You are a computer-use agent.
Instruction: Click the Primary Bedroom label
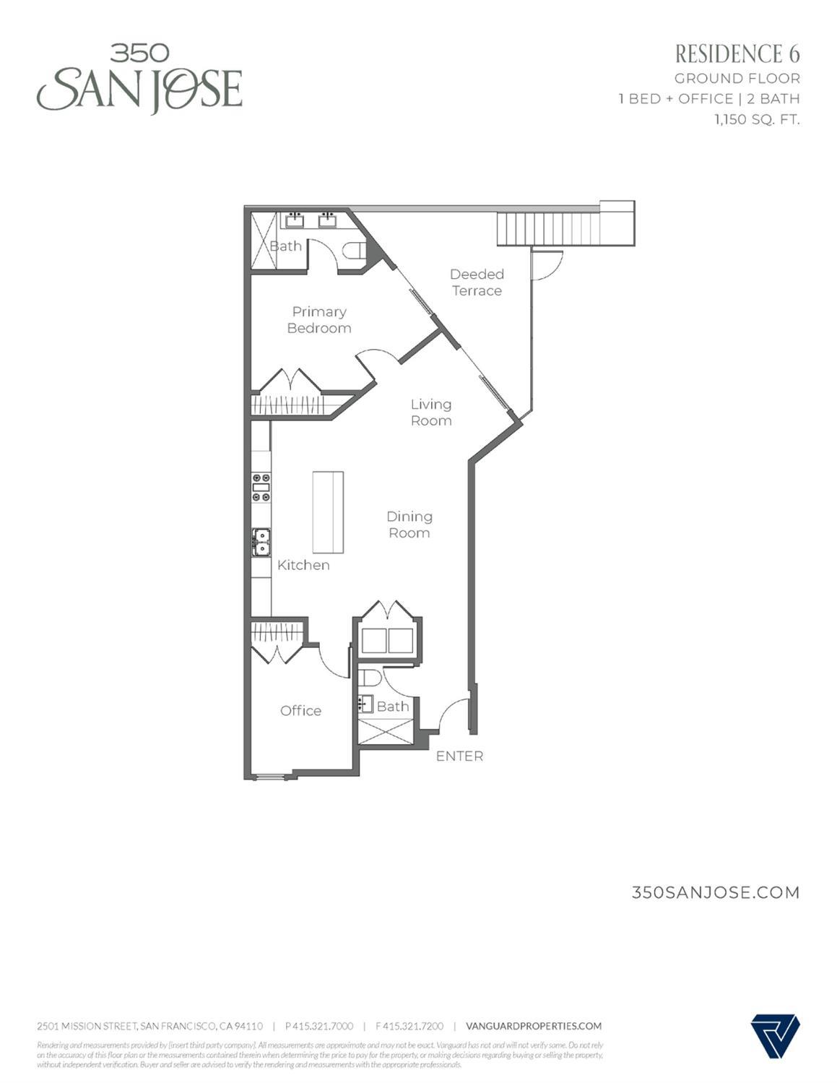point(319,320)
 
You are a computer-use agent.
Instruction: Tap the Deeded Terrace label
point(477,282)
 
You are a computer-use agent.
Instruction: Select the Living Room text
point(431,413)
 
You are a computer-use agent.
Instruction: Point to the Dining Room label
point(409,525)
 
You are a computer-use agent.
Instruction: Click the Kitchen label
point(303,565)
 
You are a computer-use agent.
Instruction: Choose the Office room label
point(300,711)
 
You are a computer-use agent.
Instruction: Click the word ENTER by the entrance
point(459,756)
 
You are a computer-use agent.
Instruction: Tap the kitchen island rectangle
point(328,512)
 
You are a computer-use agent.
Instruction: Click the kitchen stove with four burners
point(261,487)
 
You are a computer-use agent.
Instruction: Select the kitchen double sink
point(261,542)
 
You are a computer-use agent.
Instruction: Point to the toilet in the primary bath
point(355,251)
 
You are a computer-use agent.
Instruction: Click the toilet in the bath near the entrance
point(370,678)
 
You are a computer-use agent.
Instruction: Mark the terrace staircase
point(549,228)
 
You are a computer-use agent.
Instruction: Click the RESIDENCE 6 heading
point(737,54)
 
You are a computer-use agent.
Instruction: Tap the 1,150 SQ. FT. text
point(757,120)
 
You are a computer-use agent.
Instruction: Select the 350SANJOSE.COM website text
point(716,892)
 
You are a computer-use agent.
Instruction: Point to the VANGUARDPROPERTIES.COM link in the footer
point(534,1026)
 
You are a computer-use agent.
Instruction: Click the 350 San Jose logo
point(139,79)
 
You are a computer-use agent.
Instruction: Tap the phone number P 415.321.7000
point(319,1026)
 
